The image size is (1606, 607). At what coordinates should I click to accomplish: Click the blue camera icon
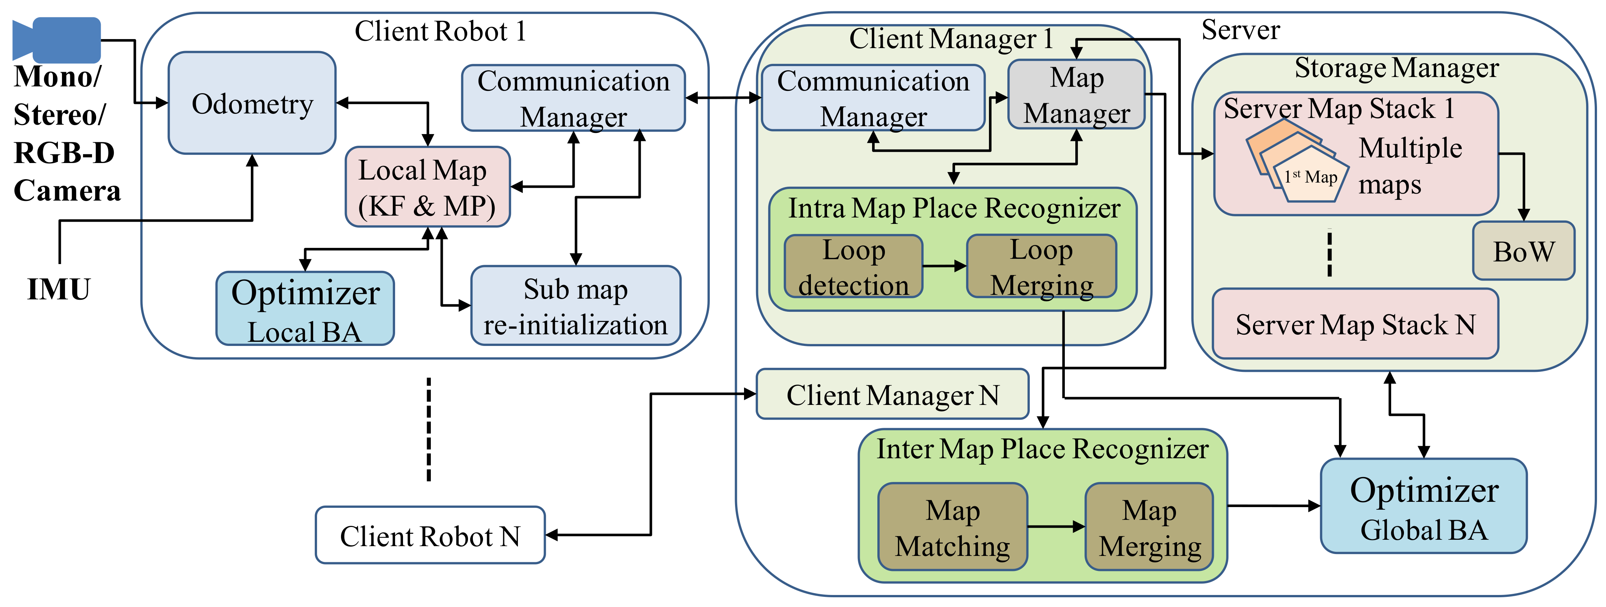57,39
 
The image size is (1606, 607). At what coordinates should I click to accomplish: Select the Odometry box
252,103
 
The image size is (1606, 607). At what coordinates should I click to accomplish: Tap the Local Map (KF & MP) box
428,187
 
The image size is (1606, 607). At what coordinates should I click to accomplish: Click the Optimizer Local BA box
305,308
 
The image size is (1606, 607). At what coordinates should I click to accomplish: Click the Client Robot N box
430,535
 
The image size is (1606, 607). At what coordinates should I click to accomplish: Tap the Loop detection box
853,267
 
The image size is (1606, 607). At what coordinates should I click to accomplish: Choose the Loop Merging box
1041,267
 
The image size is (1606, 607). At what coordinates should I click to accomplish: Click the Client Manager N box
892,394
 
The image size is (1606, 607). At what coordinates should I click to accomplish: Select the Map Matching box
952,527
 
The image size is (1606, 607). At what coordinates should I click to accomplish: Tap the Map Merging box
1149,527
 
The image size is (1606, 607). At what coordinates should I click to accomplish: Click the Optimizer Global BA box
1423,506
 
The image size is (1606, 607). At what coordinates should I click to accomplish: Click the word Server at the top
1240,30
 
